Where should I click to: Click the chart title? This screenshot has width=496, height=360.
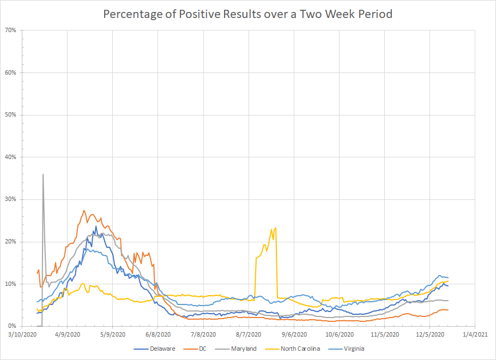(x=247, y=14)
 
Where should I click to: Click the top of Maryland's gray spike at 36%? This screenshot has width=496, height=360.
(x=43, y=174)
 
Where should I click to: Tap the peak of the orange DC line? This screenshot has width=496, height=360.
(x=84, y=210)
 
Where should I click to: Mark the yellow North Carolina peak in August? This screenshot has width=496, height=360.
(x=276, y=227)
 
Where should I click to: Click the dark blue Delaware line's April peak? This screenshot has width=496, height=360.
(x=96, y=226)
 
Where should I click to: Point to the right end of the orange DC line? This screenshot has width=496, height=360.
(x=448, y=310)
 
